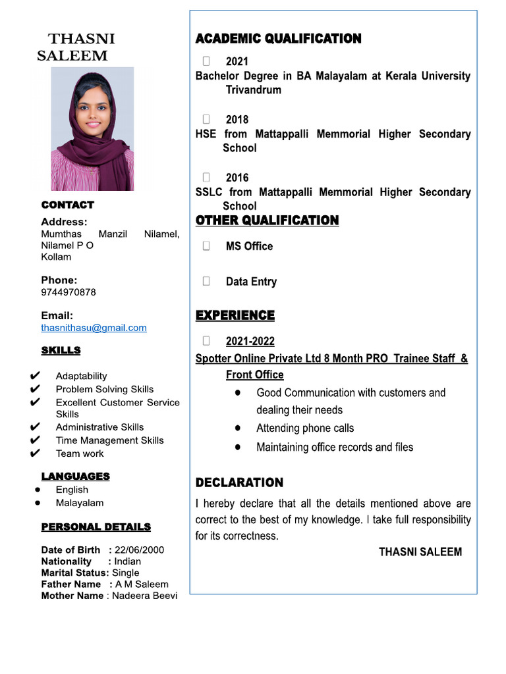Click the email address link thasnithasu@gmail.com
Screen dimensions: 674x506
point(94,328)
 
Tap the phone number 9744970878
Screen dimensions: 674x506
point(69,292)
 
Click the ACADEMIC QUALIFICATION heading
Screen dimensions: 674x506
point(278,39)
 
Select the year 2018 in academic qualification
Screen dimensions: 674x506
point(237,120)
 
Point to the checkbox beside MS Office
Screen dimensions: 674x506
point(206,246)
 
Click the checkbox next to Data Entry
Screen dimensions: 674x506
point(206,282)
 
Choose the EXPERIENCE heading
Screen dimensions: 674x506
point(235,316)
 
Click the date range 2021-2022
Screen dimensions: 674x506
point(250,342)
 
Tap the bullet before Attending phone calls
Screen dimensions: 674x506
point(237,428)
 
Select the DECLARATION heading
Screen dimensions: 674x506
point(239,483)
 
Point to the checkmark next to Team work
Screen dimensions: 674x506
point(35,454)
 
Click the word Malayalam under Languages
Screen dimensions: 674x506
point(80,504)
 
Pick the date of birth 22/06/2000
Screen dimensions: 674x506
point(139,550)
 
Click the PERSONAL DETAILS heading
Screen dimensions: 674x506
point(96,527)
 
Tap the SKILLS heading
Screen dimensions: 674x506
point(61,351)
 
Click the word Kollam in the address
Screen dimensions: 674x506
point(56,257)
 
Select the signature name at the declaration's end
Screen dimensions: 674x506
point(420,552)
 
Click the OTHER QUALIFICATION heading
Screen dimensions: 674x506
point(267,220)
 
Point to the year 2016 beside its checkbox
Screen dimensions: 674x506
point(237,178)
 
